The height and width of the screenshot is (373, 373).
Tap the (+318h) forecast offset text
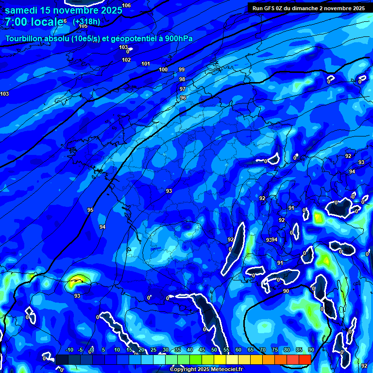coord(86,22)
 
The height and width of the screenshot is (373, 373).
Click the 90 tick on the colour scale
coord(310,350)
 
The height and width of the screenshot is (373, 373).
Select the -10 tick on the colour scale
coord(68,350)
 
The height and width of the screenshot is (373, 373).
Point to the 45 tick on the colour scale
coord(202,350)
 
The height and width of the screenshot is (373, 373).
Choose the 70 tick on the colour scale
coord(262,350)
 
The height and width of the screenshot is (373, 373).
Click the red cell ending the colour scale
coord(305,359)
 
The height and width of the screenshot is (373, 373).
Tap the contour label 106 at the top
coord(126,5)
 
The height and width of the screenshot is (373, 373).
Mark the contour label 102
coord(126,60)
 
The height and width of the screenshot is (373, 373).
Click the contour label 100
coord(163,69)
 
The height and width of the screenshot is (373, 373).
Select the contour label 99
coord(182,70)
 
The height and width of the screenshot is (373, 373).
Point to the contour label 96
coord(183,98)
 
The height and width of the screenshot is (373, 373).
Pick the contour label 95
coord(90,210)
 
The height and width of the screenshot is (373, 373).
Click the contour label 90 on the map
coord(286,291)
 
